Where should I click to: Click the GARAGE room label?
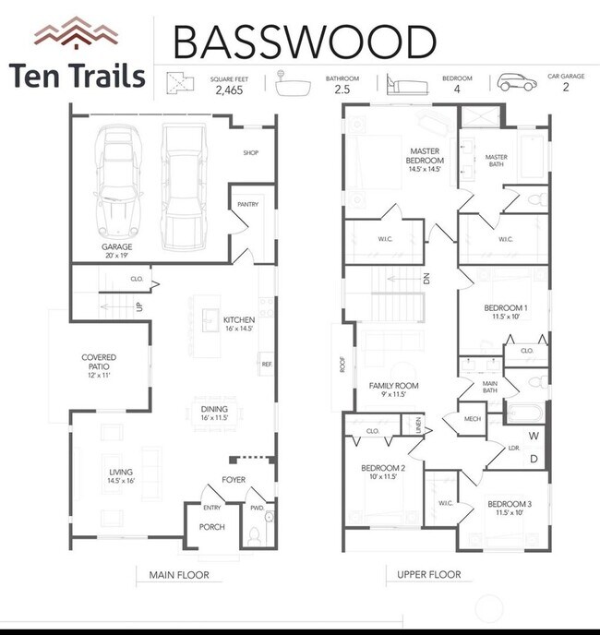click(118, 247)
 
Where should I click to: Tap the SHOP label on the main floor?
click(251, 153)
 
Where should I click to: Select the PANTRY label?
click(247, 204)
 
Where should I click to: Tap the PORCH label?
click(212, 527)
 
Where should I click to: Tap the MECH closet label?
click(474, 418)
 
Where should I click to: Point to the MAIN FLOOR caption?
click(179, 575)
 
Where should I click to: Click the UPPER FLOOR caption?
click(429, 575)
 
